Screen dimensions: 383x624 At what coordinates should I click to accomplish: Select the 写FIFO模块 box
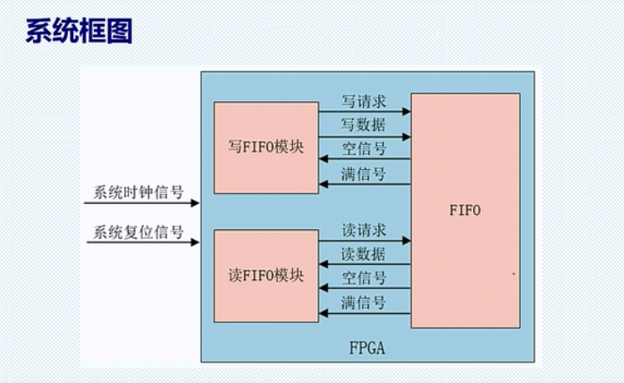point(266,147)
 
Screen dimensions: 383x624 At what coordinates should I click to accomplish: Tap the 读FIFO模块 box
point(266,275)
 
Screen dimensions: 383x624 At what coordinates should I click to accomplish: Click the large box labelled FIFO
point(465,211)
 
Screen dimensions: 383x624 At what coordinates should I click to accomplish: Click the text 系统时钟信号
point(139,192)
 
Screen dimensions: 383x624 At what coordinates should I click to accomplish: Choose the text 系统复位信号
point(139,233)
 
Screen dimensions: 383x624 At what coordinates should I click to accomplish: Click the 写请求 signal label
point(364,100)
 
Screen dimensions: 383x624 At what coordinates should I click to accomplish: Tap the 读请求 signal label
point(364,229)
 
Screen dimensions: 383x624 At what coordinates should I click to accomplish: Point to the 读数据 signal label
point(364,253)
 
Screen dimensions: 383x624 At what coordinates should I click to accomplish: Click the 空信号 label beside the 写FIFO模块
point(364,149)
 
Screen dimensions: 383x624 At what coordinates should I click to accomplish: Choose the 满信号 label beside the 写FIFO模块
point(364,174)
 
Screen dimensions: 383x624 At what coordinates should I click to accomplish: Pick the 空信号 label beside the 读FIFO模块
point(364,277)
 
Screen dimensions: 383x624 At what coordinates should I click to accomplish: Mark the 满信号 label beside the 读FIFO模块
point(364,302)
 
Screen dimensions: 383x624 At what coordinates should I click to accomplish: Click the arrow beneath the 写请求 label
point(365,112)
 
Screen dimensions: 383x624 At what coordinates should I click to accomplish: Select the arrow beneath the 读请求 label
point(365,241)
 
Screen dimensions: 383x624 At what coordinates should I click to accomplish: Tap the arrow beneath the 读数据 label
point(365,265)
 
